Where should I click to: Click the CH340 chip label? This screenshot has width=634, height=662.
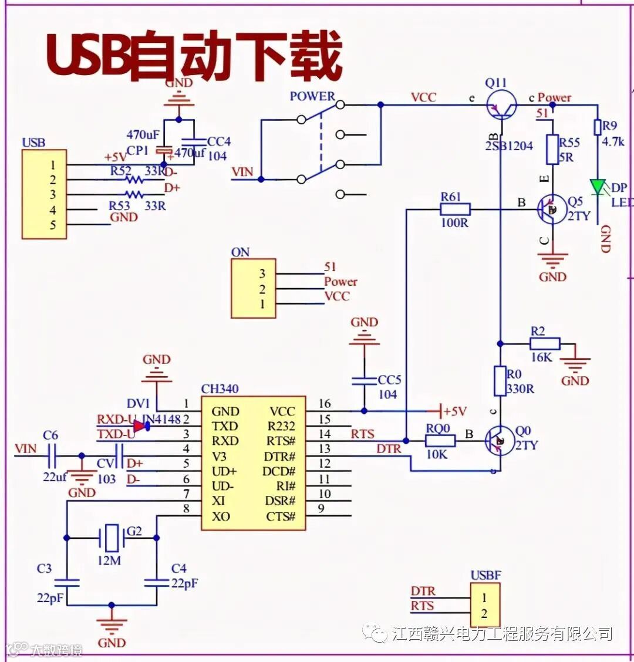(x=220, y=389)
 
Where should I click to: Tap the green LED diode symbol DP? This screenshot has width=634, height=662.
(x=598, y=187)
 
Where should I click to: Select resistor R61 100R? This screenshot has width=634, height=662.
(x=455, y=209)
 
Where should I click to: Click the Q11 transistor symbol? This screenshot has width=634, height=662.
(x=500, y=106)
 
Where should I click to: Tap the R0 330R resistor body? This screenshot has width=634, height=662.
(x=500, y=381)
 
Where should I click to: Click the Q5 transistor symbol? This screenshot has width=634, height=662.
(x=552, y=210)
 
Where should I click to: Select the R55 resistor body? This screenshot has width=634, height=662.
(x=552, y=150)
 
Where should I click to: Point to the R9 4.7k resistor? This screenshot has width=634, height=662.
(x=598, y=127)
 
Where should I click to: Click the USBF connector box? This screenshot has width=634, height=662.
(x=485, y=606)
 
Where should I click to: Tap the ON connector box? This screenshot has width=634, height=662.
(x=254, y=289)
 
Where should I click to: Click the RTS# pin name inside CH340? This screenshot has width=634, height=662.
(x=281, y=441)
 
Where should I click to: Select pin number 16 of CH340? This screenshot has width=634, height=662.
(x=325, y=404)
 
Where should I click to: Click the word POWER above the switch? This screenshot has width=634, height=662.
(x=312, y=96)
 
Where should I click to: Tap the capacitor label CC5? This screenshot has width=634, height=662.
(x=389, y=380)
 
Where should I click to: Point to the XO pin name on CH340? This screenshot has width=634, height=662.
(x=221, y=516)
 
